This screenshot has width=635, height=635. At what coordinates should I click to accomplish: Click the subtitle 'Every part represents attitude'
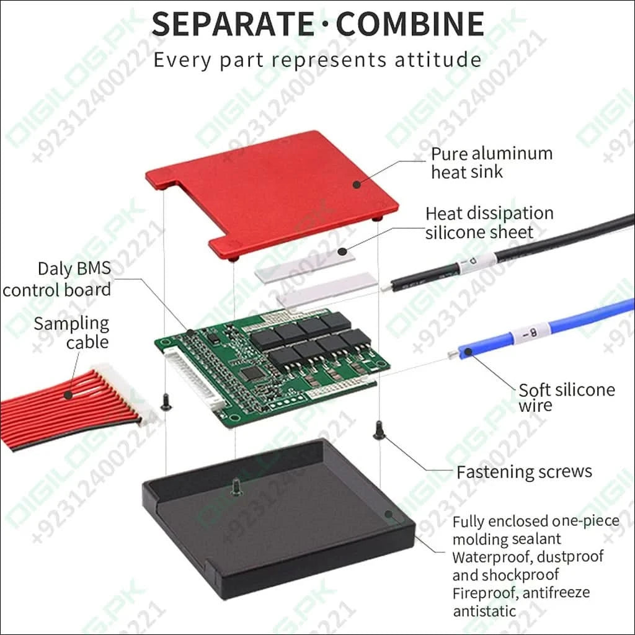[x=317, y=60]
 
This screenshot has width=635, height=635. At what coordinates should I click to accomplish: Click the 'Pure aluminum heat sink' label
[x=492, y=162]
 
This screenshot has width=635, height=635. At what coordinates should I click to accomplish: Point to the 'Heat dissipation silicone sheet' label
[x=489, y=223]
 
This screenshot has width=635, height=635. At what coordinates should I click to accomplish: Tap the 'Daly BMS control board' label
[x=56, y=279]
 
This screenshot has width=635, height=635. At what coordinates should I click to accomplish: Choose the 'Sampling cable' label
[x=71, y=333]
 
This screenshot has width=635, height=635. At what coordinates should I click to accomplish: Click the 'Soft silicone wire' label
[x=567, y=397]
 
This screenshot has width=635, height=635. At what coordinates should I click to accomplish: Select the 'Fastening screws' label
[x=524, y=472]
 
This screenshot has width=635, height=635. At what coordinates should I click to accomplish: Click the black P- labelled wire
[x=506, y=254]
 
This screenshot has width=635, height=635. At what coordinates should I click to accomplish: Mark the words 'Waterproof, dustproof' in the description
[x=528, y=557]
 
